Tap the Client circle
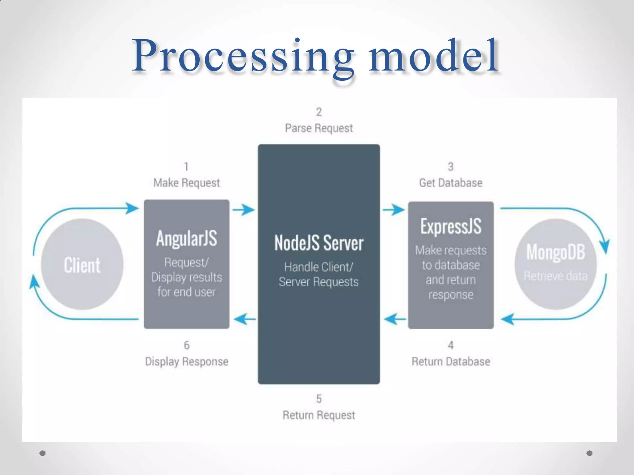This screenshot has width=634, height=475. coord(82,265)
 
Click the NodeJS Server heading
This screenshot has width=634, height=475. coord(319,243)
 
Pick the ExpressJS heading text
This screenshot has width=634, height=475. coord(451,226)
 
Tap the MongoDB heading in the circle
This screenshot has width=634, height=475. coord(556,252)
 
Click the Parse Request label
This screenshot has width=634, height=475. coord(319,128)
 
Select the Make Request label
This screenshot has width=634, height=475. coord(186,183)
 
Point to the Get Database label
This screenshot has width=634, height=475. coord(451,183)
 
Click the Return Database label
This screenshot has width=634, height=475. coord(451,362)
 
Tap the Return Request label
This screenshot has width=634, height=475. coord(319,415)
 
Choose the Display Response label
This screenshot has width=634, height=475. coord(186,362)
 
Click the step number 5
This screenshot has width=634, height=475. coord(319,399)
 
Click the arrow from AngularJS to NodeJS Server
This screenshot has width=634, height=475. coord(244,210)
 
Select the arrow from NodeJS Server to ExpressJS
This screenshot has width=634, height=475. coord(394,210)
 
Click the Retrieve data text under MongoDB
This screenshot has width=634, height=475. coord(556,276)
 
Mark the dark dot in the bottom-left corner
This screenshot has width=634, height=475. coord(43,453)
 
